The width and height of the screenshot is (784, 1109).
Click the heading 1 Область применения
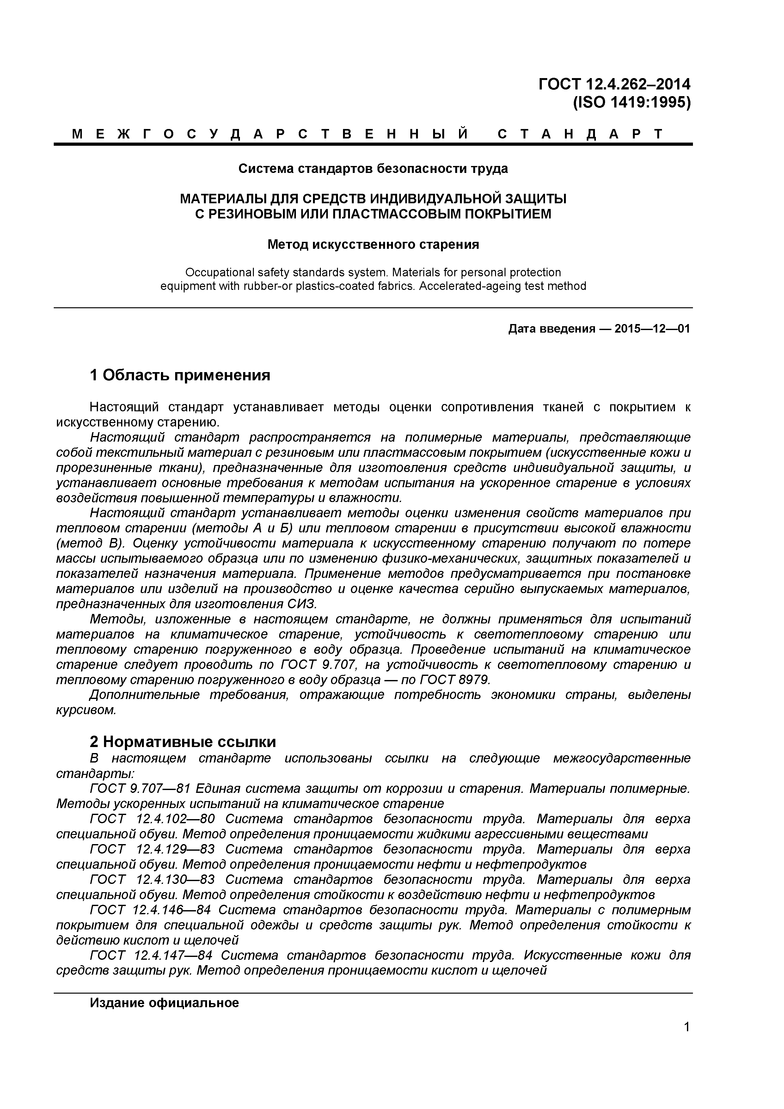click(x=180, y=375)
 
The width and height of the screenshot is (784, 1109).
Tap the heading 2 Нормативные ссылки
click(x=183, y=741)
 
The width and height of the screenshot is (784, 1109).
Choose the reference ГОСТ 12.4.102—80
click(x=152, y=819)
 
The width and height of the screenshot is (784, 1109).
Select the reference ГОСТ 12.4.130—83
click(x=152, y=879)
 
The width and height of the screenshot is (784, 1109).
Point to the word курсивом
click(x=86, y=710)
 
